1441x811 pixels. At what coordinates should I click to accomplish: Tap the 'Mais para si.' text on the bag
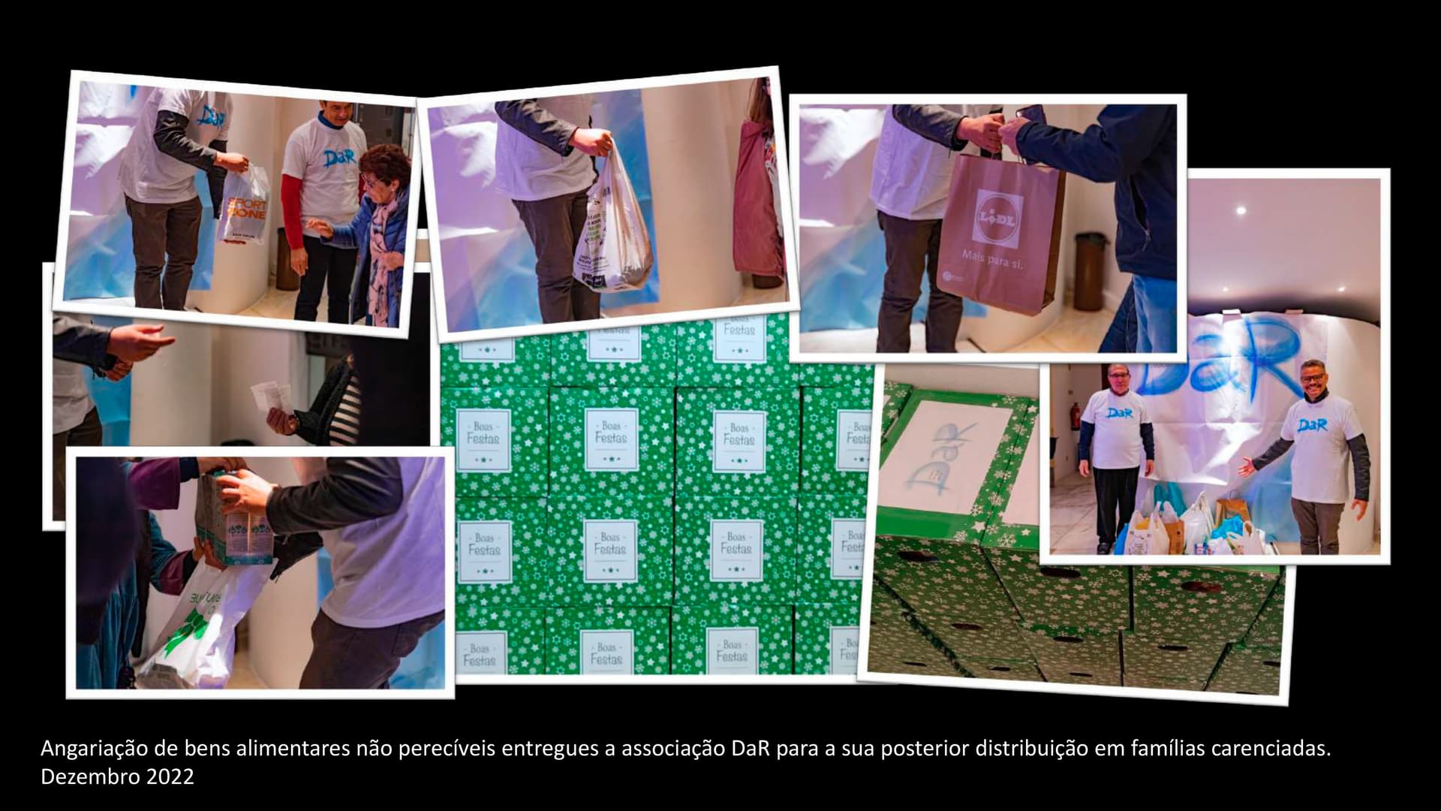pyautogui.click(x=992, y=261)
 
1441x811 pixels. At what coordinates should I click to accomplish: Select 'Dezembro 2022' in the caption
pyautogui.click(x=117, y=776)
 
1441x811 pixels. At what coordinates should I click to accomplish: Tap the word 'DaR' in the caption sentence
pyautogui.click(x=750, y=749)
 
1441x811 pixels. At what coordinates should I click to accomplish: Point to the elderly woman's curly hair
pyautogui.click(x=384, y=161)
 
